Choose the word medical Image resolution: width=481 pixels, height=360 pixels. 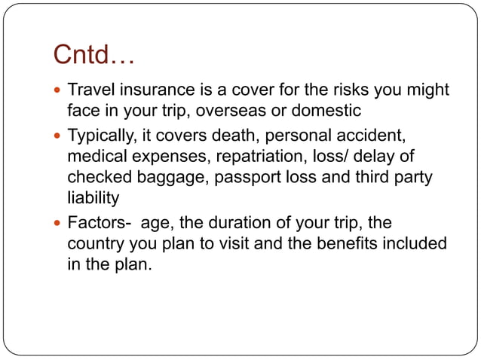[x=94, y=157]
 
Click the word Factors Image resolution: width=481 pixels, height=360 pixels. [x=95, y=224]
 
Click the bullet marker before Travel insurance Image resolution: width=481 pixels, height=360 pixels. [x=59, y=91]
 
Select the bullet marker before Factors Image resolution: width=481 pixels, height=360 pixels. [x=59, y=224]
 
